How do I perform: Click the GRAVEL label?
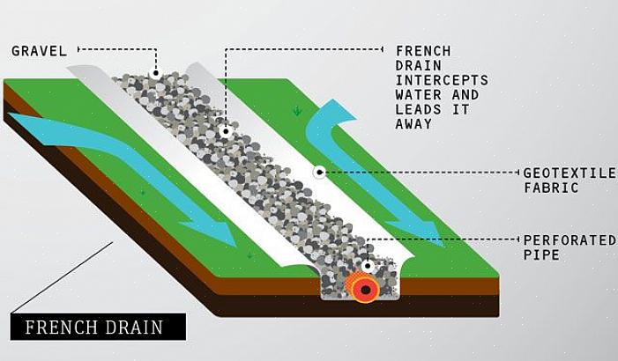pos(39,51)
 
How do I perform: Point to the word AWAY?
pos(414,124)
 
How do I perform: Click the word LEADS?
pos(419,109)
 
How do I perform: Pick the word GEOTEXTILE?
pos(569,173)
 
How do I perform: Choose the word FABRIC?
pos(551,188)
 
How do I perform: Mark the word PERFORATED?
pos(570,239)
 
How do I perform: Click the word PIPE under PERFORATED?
pos(541,254)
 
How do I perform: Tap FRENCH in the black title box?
pos(59,328)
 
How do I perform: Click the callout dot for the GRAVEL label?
pos(155,75)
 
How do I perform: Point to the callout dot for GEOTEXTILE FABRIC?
pos(319,173)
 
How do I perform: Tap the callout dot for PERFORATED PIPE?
pos(367,265)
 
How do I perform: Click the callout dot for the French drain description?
pos(226,131)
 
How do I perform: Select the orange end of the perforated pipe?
pos(361,287)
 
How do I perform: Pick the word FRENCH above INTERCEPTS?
pos(422,51)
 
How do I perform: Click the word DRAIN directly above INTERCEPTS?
pos(419,66)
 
